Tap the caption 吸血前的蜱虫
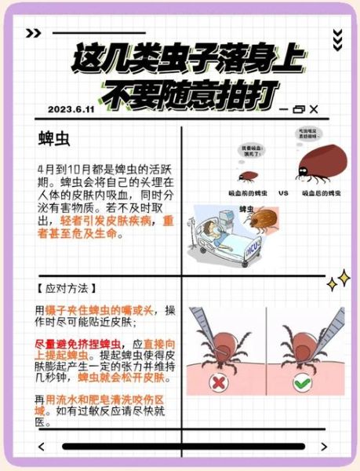pos(245,192)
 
